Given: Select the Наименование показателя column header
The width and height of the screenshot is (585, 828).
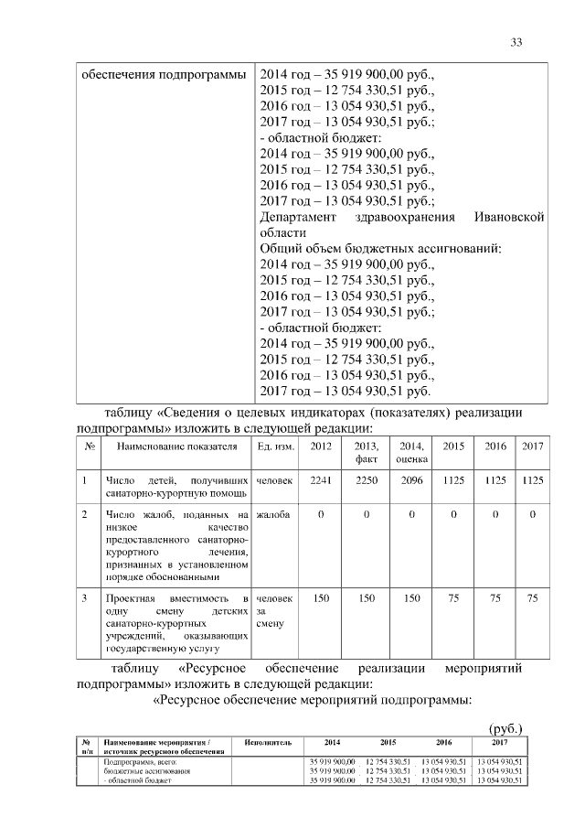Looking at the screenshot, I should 171,446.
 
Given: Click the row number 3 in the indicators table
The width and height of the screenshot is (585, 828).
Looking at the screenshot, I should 84,598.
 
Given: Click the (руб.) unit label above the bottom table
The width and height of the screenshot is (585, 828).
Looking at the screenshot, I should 505,727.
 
